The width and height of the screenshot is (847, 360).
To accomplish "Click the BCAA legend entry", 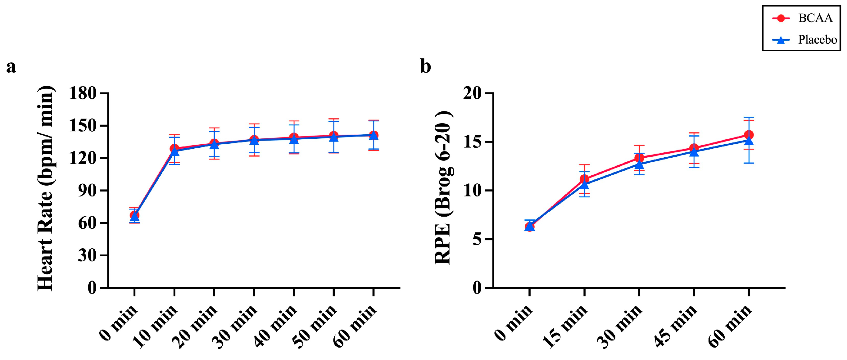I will coord(803,18).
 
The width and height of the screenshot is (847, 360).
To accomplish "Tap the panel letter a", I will coord(11,67).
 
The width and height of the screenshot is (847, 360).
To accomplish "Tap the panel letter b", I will coord(425,66).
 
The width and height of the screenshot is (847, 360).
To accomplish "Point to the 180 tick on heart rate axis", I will coord(83,93).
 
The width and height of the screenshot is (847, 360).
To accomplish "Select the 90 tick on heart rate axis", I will coord(87,191).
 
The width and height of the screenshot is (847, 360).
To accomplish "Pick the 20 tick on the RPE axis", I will coord(472,93).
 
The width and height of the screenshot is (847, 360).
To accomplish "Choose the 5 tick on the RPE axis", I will coord(477,239).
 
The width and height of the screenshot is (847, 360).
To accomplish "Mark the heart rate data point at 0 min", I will coord(134,216).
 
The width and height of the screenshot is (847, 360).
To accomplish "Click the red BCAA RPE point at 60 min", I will coord(749,135).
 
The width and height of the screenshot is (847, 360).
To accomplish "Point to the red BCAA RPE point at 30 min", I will coord(639,158).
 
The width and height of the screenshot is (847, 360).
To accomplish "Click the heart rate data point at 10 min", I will coord(174,150).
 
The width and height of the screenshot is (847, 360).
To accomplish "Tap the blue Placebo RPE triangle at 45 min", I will coord(694,152).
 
